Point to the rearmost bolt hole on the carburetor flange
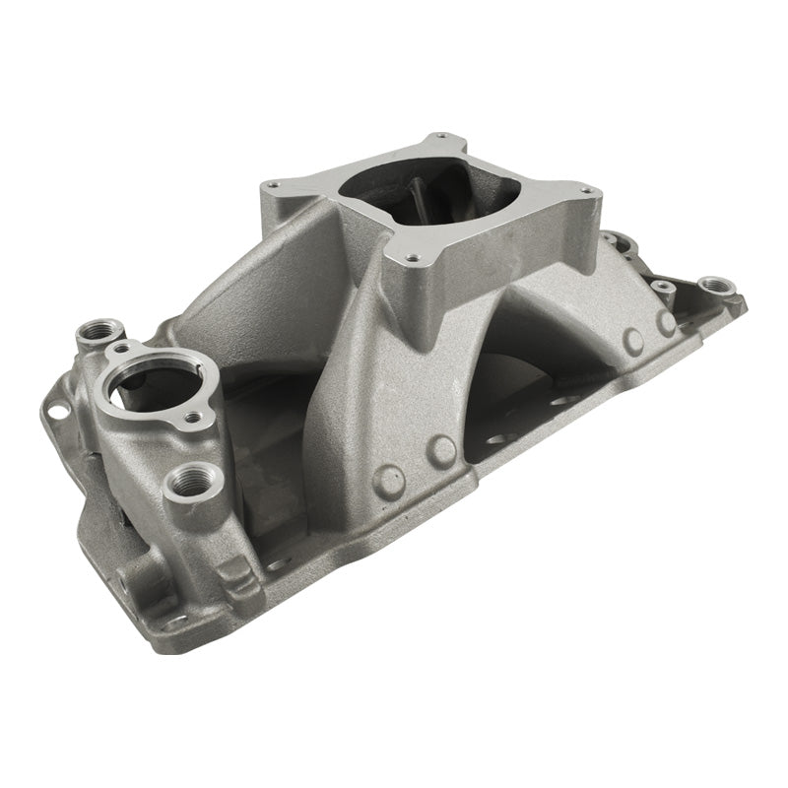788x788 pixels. (439, 138)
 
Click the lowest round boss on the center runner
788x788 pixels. (389, 480)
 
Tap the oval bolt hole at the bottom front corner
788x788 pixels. (175, 623)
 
